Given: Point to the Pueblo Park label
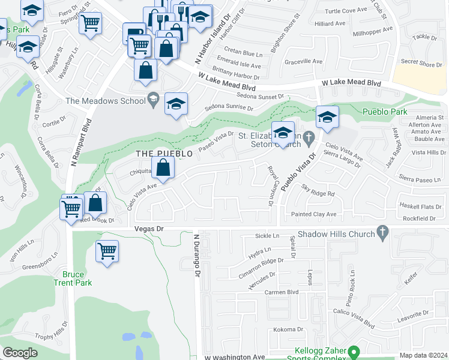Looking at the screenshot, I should click(x=385, y=112).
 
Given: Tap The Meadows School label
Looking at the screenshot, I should click(x=106, y=101).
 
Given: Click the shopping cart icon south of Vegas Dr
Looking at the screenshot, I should click(x=107, y=251).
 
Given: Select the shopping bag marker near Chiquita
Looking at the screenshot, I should click(x=163, y=167).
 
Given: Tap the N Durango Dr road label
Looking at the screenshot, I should click(x=196, y=255).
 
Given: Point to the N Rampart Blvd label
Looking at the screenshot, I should click(x=76, y=146).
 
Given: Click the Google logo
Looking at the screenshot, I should click(x=20, y=353).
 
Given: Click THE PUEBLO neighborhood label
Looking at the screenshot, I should click(x=164, y=154).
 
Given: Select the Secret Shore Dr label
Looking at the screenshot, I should click(x=421, y=62).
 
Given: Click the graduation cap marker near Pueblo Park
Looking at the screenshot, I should click(x=327, y=117).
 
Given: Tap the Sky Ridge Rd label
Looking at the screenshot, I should click(x=318, y=193).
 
